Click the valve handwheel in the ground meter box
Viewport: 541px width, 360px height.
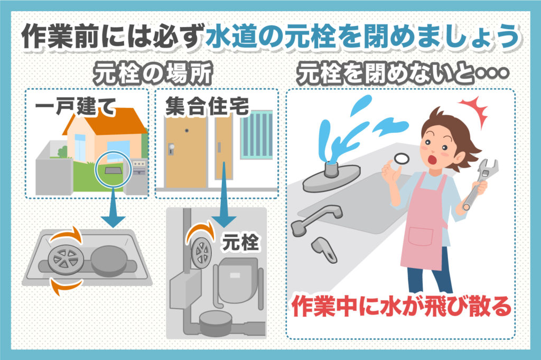(x=63, y=257)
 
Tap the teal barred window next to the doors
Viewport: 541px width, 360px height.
(x=257, y=134)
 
